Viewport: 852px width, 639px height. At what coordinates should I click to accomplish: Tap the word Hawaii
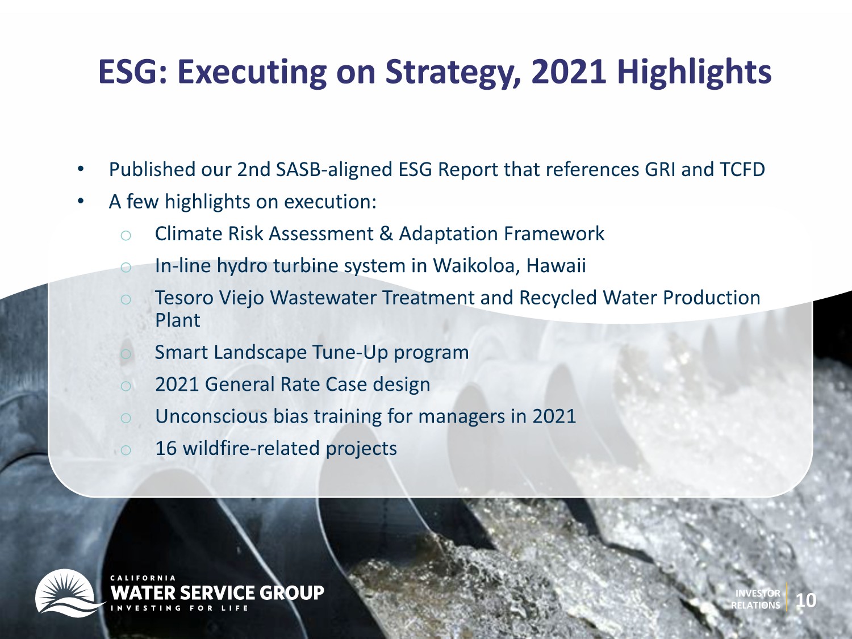point(556,266)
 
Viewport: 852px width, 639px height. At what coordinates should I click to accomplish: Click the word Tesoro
point(183,298)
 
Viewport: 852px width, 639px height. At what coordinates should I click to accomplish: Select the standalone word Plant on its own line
point(178,320)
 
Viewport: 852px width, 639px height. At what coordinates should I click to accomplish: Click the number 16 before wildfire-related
point(166,449)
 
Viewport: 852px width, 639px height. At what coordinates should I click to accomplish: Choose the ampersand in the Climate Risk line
point(386,234)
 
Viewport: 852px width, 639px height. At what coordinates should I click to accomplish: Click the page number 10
point(806,600)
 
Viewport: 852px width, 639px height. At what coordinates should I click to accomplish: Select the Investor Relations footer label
point(755,599)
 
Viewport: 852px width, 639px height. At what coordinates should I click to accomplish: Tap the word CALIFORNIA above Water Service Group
point(143,578)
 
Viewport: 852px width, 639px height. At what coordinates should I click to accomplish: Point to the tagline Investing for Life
point(179,608)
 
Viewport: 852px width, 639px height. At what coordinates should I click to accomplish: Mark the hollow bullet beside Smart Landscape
point(126,354)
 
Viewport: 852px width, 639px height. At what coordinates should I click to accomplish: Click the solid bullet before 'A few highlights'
point(81,201)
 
